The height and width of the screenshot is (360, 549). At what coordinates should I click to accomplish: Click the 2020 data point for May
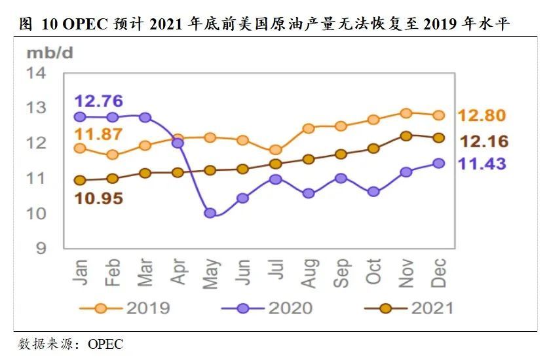click(210, 213)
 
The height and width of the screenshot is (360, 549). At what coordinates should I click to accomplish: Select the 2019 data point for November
click(406, 113)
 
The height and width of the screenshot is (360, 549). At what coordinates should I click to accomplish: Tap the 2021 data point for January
click(80, 180)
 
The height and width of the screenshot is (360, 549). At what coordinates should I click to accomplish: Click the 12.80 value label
click(482, 116)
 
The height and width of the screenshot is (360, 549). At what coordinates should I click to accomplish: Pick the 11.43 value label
click(482, 164)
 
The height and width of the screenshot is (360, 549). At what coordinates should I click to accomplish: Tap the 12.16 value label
click(484, 141)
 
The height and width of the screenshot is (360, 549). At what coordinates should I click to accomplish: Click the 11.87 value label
click(98, 134)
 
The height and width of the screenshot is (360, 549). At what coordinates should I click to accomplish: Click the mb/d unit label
click(48, 52)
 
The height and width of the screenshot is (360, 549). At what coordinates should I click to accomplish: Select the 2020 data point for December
click(438, 164)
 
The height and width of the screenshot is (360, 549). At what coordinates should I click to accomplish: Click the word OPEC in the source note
click(105, 344)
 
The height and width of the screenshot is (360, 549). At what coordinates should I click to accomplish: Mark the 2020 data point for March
click(145, 118)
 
